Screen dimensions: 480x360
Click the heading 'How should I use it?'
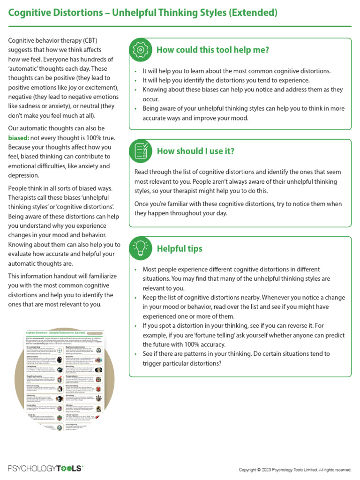pyautogui.click(x=195, y=151)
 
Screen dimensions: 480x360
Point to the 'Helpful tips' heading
pyautogui.click(x=180, y=248)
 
